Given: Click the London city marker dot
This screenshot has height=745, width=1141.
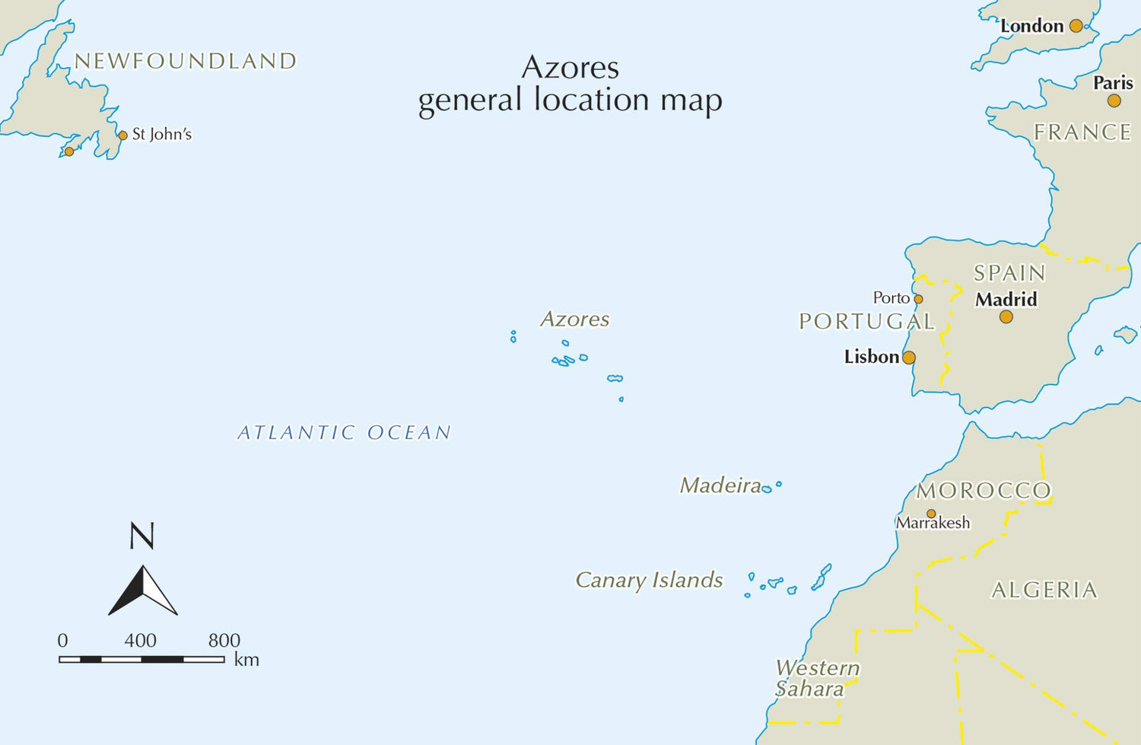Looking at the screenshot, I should pyautogui.click(x=1076, y=26).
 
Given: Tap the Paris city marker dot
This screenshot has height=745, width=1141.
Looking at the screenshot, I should pyautogui.click(x=1114, y=100).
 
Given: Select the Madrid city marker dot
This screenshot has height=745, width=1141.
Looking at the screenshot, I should pyautogui.click(x=1006, y=317).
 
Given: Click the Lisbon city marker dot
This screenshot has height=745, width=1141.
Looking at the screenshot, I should pyautogui.click(x=908, y=358).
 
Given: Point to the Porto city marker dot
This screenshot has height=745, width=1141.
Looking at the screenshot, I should pyautogui.click(x=918, y=299).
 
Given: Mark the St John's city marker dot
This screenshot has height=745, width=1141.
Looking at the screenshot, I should pyautogui.click(x=122, y=135).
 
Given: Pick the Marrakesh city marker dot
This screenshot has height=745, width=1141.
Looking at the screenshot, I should pyautogui.click(x=931, y=514).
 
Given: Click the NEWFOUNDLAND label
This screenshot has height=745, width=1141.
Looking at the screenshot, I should pyautogui.click(x=185, y=61).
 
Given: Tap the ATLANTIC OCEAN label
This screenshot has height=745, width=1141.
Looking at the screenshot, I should pyautogui.click(x=345, y=433).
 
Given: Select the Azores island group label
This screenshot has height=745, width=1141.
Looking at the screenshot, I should pyautogui.click(x=574, y=319).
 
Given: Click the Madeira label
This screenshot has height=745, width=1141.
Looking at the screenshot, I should pyautogui.click(x=720, y=485).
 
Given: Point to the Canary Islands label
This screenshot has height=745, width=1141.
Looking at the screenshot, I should pyautogui.click(x=649, y=580).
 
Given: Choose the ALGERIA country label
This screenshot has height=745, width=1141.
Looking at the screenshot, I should pyautogui.click(x=1044, y=590).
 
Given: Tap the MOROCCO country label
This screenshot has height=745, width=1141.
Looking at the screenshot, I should pyautogui.click(x=984, y=491).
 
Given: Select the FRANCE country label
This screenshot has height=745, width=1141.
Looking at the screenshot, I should pyautogui.click(x=1082, y=132).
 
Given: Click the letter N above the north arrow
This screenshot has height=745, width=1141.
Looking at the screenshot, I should pyautogui.click(x=142, y=536).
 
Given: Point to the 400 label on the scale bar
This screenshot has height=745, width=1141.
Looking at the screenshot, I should pyautogui.click(x=140, y=640).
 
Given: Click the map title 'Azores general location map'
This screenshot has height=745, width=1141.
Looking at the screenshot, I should pyautogui.click(x=570, y=84).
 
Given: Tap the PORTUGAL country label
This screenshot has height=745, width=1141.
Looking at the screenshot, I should pyautogui.click(x=866, y=321).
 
